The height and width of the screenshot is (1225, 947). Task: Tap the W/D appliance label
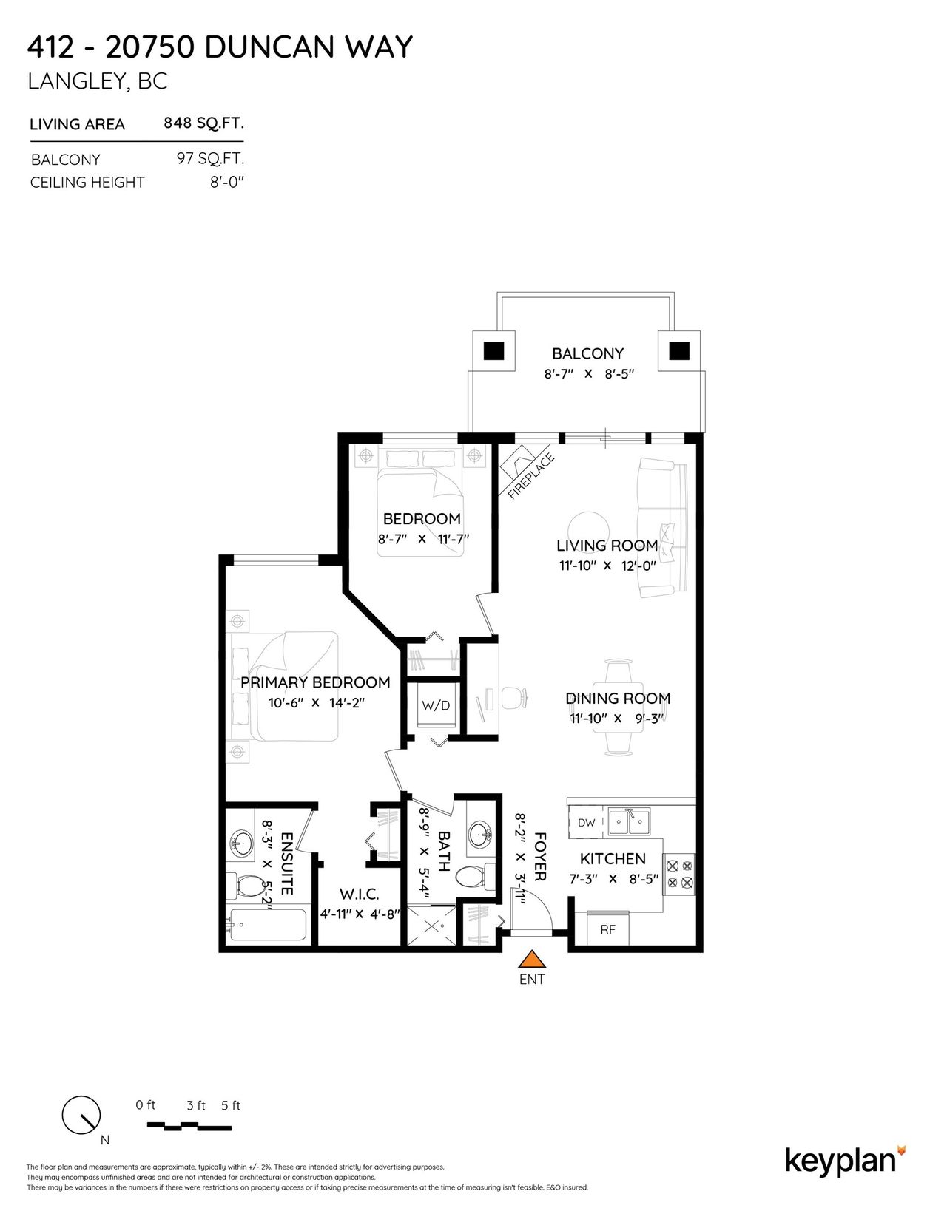coord(436,705)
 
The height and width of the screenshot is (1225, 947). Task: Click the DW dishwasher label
coord(586,823)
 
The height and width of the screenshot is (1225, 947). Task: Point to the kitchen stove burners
coord(679,872)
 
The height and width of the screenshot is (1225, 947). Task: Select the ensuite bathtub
coord(267,925)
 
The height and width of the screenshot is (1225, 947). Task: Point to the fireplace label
coord(530,476)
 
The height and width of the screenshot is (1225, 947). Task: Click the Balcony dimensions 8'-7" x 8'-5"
coord(589,373)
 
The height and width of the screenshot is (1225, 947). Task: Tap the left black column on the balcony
coord(493,351)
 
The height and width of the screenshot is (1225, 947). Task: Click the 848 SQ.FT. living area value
coord(203,123)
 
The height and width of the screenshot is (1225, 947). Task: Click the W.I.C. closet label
coord(359,894)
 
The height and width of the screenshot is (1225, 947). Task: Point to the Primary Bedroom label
coord(315,682)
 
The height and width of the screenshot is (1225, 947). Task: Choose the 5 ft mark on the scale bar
coord(231,1105)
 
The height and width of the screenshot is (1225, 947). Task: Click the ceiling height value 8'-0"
coord(228,182)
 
